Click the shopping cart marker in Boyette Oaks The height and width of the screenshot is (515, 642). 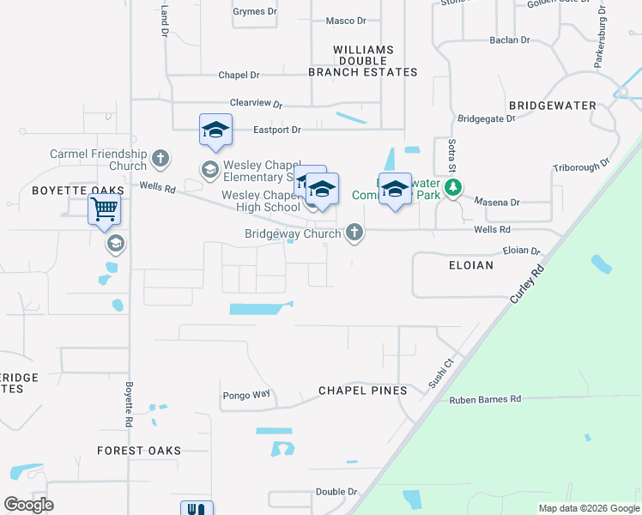[x=104, y=209]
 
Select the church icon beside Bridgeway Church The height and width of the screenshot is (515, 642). [x=354, y=233]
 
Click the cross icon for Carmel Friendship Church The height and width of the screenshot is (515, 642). [x=160, y=159]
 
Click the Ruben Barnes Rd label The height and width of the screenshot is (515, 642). [x=485, y=399]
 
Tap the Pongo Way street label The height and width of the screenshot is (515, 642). [x=246, y=395]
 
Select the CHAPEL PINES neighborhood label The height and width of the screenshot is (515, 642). [x=362, y=391]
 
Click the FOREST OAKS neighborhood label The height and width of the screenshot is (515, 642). [x=139, y=451]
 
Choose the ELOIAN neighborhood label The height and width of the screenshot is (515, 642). [x=471, y=265]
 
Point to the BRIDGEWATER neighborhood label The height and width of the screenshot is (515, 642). [x=552, y=105]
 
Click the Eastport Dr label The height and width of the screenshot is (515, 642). [x=277, y=130]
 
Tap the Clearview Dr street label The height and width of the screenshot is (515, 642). [x=256, y=103]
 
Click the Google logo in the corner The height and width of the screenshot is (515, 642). [x=28, y=505]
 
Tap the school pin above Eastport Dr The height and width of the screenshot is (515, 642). [x=215, y=130]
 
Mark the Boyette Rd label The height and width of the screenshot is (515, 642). [x=129, y=405]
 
